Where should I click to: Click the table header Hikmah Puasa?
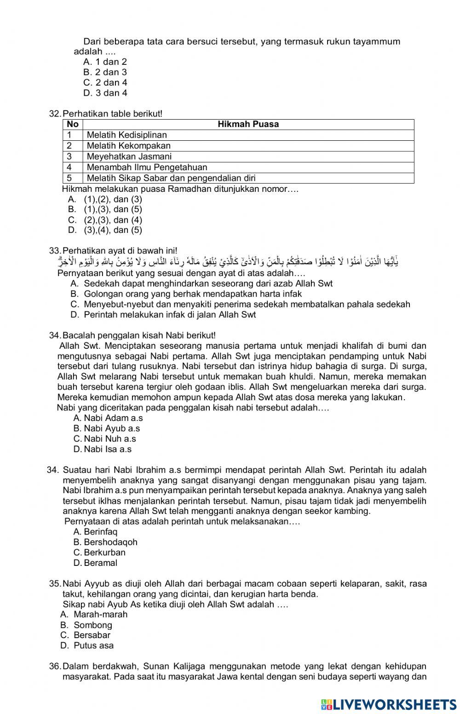[248, 124]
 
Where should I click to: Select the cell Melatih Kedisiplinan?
[126, 135]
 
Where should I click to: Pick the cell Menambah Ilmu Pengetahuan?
[147, 167]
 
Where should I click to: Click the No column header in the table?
[72, 124]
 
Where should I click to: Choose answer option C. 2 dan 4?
[105, 83]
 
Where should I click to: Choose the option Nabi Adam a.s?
[108, 418]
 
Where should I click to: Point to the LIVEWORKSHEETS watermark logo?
[389, 704]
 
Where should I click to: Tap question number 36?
[55, 666]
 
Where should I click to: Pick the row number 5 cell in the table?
[72, 178]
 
